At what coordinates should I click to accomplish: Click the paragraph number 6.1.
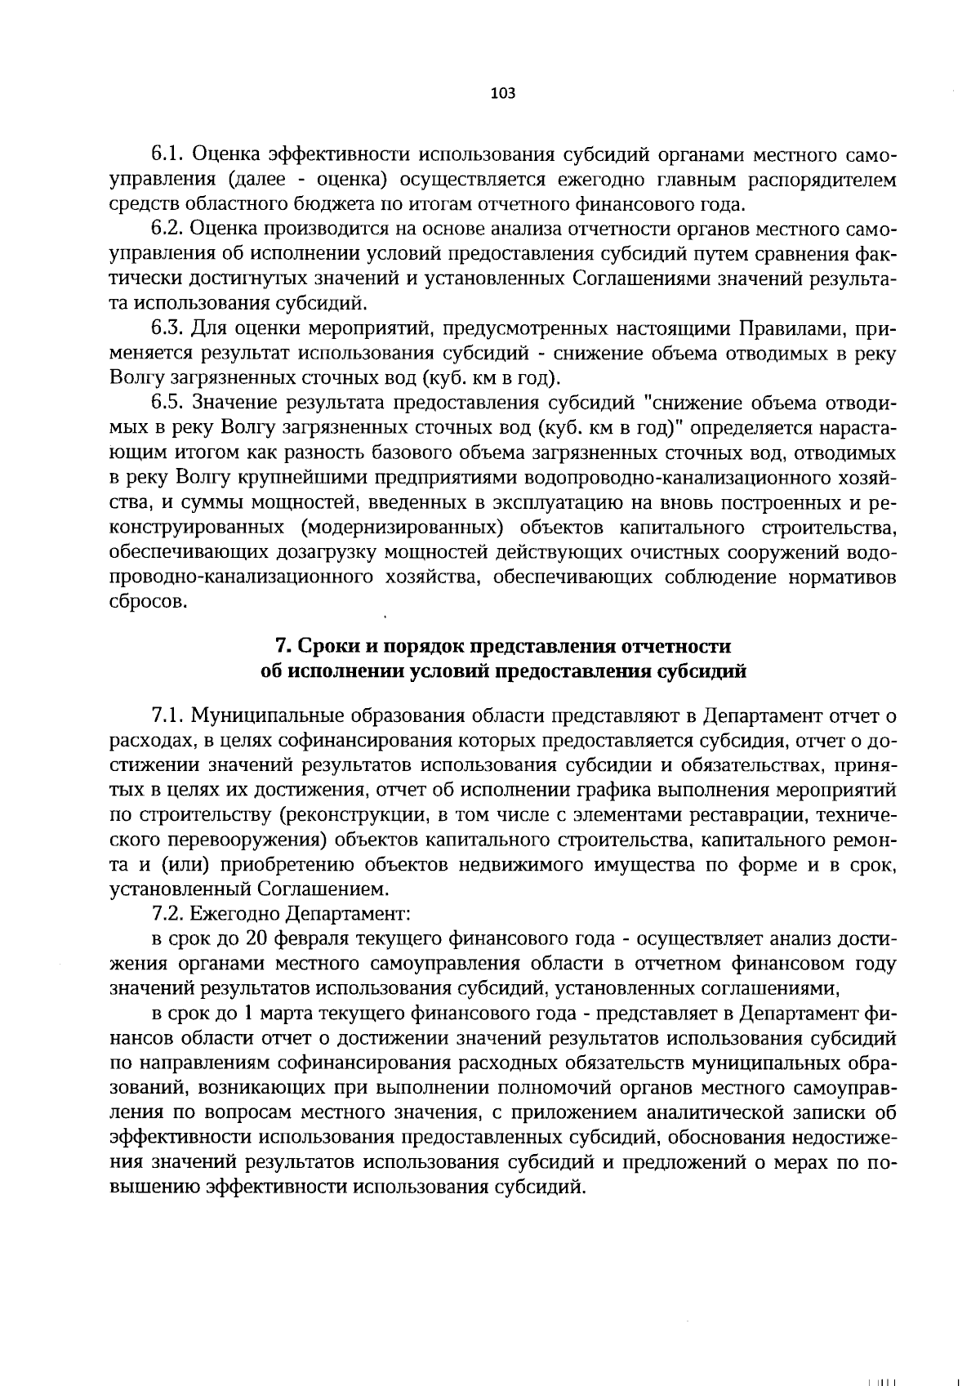[x=169, y=154]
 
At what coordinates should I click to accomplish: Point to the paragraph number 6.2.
[x=170, y=228]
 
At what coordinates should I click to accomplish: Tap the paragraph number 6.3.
[x=170, y=329]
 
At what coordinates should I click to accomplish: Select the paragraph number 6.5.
[x=170, y=403]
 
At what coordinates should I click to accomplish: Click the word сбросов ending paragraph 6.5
[x=148, y=602]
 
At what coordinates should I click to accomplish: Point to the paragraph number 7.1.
[x=169, y=716]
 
